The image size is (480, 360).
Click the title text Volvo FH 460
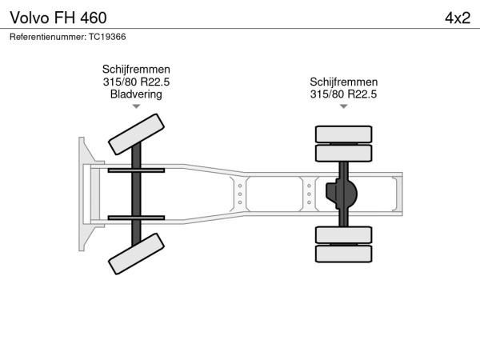pos(58,18)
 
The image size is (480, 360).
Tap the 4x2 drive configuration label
pos(458,18)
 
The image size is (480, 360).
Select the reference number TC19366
pos(107,37)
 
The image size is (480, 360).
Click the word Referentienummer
pos(48,37)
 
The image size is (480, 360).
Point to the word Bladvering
pos(136,94)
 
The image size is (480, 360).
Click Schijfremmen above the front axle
pos(136,69)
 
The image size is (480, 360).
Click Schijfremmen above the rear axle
pos(344,82)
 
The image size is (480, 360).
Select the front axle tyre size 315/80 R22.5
pos(136,82)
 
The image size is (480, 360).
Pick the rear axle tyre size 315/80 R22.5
pos(343,94)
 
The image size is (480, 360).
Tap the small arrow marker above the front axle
pos(136,106)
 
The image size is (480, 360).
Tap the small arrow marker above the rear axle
pos(344,106)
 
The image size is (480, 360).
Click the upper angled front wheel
pos(136,134)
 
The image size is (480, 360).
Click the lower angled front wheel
pos(136,254)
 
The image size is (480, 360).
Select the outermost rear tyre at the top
pos(344,134)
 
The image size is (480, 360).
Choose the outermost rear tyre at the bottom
pos(344,254)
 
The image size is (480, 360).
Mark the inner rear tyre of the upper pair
pos(344,153)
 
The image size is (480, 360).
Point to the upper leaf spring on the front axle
pos(136,170)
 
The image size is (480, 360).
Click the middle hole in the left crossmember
pos(240,194)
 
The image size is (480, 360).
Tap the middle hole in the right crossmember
pos(309,194)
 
